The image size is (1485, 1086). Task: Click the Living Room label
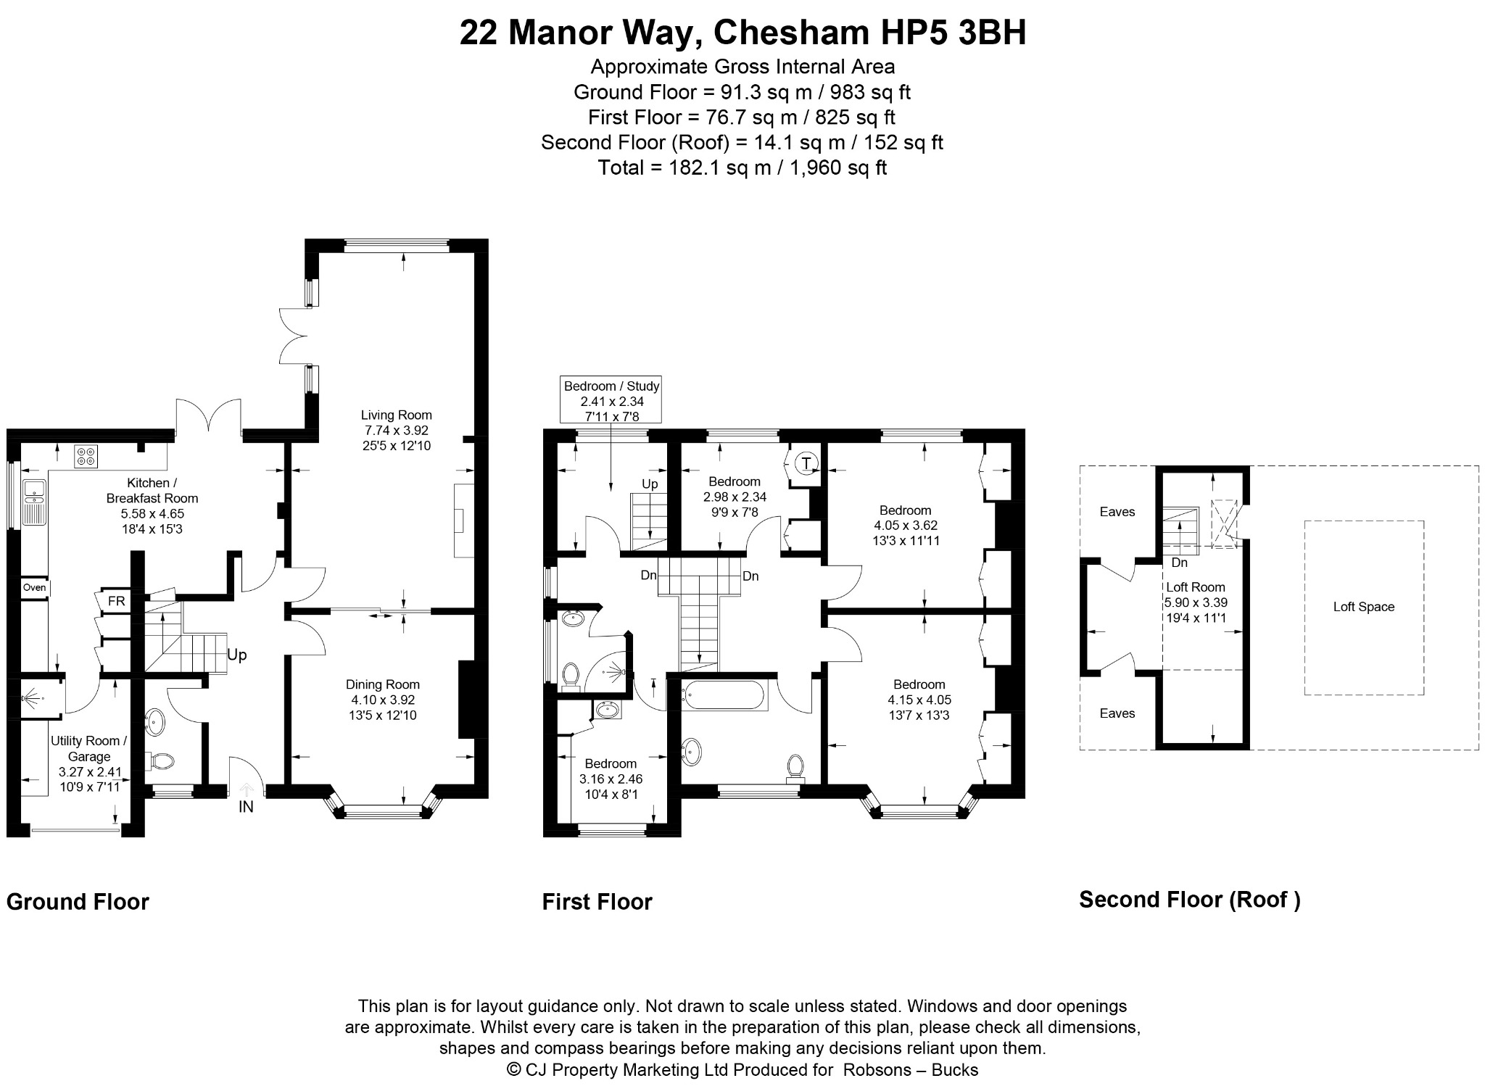click(x=397, y=415)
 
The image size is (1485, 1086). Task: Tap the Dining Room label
click(x=383, y=684)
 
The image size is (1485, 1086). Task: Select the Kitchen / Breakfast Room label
click(x=152, y=491)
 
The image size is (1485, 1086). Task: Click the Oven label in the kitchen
click(x=34, y=587)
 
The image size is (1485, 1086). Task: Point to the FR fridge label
click(x=116, y=601)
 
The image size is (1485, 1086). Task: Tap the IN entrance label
click(x=247, y=806)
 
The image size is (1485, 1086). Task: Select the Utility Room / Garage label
click(x=89, y=748)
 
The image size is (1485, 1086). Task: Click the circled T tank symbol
click(x=806, y=463)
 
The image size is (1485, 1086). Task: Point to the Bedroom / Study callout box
click(x=611, y=399)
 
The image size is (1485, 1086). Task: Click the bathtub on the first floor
click(x=723, y=696)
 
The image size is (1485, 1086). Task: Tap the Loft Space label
click(x=1364, y=607)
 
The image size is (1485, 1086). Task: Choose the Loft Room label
click(x=1195, y=587)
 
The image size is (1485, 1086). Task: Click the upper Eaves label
click(x=1117, y=512)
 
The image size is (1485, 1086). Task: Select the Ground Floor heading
click(x=78, y=901)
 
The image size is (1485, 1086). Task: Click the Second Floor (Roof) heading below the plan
click(x=1190, y=900)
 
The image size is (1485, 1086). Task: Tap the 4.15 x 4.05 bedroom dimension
click(x=919, y=700)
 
